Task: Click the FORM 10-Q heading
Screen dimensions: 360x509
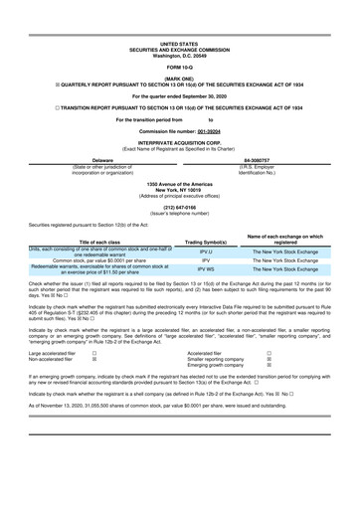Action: [179, 68]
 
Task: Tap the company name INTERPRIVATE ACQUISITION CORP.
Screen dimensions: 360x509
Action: [179, 142]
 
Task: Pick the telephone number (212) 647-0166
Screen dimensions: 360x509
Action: [179, 207]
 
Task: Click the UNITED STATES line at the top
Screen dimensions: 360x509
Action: [179, 45]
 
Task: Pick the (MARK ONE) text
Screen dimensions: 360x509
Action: [179, 79]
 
